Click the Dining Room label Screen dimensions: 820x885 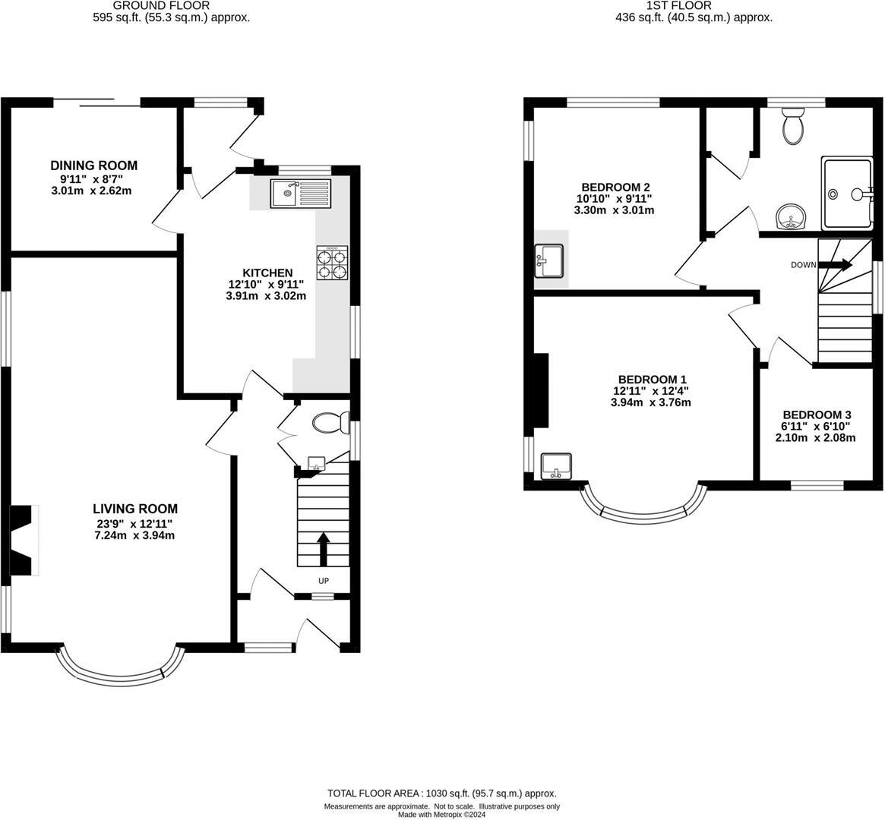click(x=94, y=166)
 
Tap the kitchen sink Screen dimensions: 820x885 click(x=301, y=194)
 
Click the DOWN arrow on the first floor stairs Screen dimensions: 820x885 click(x=837, y=265)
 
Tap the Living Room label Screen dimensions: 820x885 click(x=135, y=509)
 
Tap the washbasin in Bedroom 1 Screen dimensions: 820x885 click(x=557, y=466)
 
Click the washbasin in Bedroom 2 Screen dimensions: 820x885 click(x=549, y=260)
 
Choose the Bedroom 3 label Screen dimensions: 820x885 click(x=817, y=415)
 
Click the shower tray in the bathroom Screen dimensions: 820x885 click(x=847, y=194)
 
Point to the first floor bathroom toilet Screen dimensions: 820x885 click(x=793, y=126)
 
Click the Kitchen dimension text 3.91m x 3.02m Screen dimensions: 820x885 click(x=266, y=296)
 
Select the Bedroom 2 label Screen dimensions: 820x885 click(x=615, y=187)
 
